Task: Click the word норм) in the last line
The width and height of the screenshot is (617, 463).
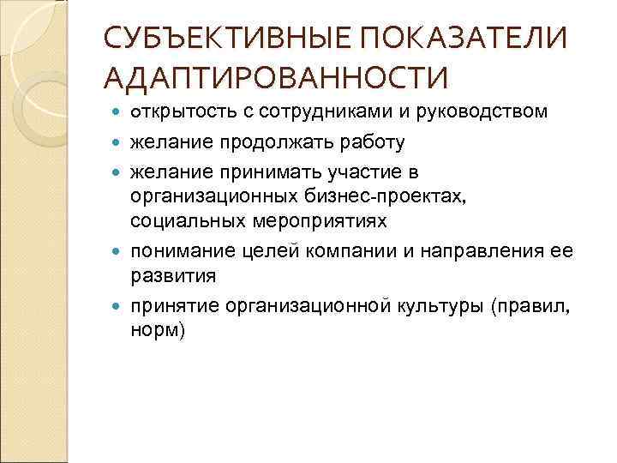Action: coord(158,331)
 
